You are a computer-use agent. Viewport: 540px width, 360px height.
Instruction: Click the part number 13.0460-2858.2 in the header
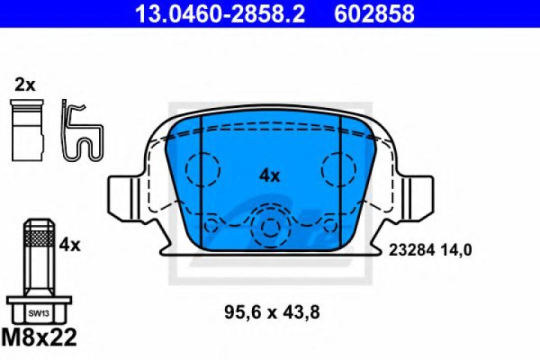pos(220,13)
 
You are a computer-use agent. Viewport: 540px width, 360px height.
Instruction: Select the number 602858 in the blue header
pos(374,13)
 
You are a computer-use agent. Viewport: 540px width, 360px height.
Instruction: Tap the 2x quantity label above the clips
pos(25,85)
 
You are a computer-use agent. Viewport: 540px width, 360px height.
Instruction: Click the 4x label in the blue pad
pos(270,175)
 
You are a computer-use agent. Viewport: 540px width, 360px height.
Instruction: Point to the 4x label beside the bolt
pos(69,245)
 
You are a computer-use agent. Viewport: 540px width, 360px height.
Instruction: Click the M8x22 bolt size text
pos(39,338)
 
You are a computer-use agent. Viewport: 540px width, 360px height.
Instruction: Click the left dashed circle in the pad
pos(202,169)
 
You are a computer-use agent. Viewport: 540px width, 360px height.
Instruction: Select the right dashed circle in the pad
pos(340,169)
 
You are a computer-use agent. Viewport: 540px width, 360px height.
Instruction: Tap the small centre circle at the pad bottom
pos(270,228)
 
